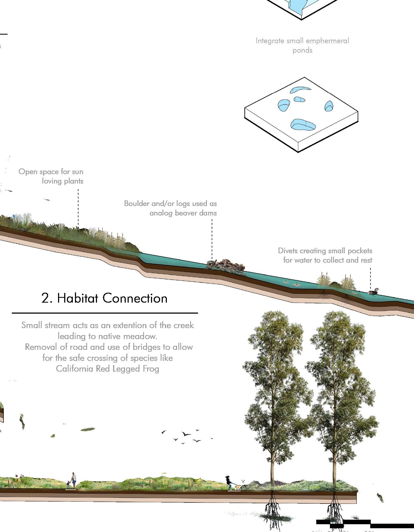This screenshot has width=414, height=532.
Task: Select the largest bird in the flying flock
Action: (x=186, y=434)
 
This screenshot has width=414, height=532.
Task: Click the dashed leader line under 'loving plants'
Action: (x=78, y=207)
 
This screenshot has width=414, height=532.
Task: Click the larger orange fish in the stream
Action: (x=297, y=285)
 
